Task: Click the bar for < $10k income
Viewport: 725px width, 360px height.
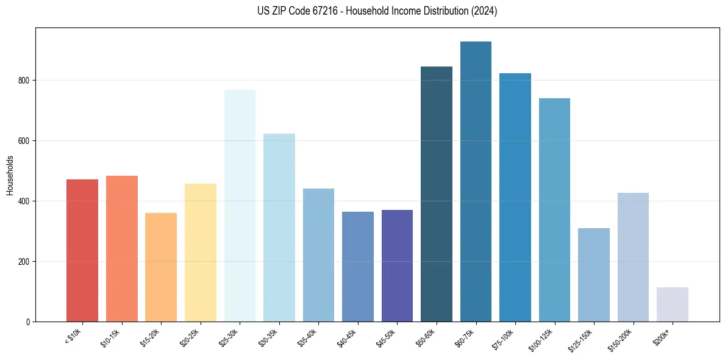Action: [82, 250]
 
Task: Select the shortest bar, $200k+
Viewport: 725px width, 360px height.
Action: [673, 304]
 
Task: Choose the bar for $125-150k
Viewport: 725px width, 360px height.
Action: [594, 275]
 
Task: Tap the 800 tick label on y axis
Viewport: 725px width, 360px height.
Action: [25, 81]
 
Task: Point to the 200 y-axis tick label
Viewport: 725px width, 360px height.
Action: [25, 262]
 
